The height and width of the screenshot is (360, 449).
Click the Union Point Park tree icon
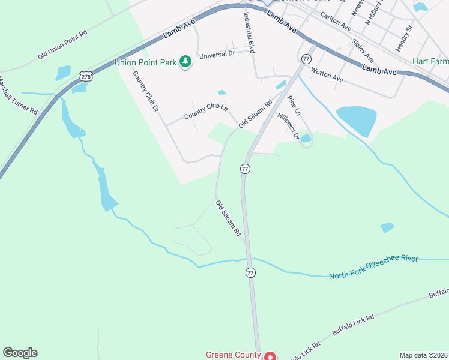point(186,61)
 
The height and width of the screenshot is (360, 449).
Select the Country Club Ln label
point(206,112)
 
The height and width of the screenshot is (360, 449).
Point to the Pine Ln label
point(294,105)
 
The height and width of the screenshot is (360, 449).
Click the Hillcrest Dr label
point(288,126)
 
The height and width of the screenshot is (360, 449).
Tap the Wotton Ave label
point(327,74)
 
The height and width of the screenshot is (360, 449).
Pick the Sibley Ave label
point(363,51)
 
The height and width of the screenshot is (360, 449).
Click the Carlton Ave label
point(336,23)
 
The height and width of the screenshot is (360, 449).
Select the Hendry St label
point(404,37)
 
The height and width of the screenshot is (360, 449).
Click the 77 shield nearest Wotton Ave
point(306,59)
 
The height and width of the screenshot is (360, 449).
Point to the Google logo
point(20,353)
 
